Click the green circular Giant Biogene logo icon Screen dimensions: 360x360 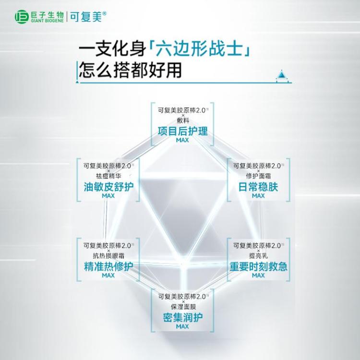[22, 17]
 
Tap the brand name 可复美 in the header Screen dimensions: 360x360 [86, 17]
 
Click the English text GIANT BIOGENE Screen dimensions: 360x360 [48, 21]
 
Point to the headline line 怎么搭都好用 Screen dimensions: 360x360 [131, 70]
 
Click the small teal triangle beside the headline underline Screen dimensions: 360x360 [282, 74]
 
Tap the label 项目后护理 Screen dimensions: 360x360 [183, 132]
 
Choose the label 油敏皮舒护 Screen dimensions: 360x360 [108, 187]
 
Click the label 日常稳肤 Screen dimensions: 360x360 [258, 187]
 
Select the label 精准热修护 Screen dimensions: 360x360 [108, 266]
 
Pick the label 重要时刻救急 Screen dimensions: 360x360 [258, 266]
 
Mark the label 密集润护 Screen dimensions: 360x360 [183, 318]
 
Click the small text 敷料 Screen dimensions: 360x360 [183, 120]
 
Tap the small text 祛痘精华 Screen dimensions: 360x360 [108, 176]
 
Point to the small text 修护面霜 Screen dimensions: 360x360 [258, 176]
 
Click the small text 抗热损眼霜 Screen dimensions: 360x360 [108, 255]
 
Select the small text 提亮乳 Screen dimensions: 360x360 [258, 255]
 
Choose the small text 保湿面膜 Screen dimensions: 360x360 [183, 307]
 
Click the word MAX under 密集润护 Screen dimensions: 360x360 [182, 326]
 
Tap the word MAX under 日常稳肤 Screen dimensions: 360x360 [258, 196]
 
